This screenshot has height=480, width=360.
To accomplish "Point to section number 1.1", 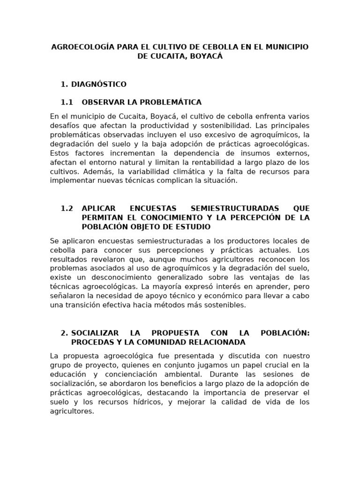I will pyautogui.click(x=67, y=102).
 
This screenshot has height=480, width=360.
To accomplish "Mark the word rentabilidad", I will pyautogui.click(x=206, y=163).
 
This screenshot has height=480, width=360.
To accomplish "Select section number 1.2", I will pyautogui.click(x=67, y=208).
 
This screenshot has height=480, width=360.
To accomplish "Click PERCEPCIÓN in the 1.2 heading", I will pyautogui.click(x=254, y=217).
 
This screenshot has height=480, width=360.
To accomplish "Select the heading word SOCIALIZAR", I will pyautogui.click(x=100, y=333).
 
